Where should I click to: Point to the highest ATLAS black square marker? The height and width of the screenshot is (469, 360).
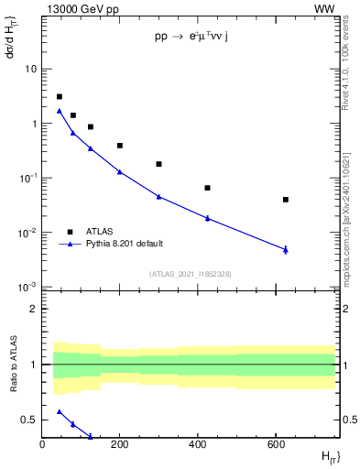[60, 96]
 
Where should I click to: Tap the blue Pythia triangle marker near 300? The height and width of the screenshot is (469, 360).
[158, 197]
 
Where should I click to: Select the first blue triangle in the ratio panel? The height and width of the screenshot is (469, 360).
[60, 412]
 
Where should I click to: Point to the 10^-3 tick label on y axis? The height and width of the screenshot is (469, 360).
[28, 288]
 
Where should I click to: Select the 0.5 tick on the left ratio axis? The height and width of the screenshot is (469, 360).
[30, 420]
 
